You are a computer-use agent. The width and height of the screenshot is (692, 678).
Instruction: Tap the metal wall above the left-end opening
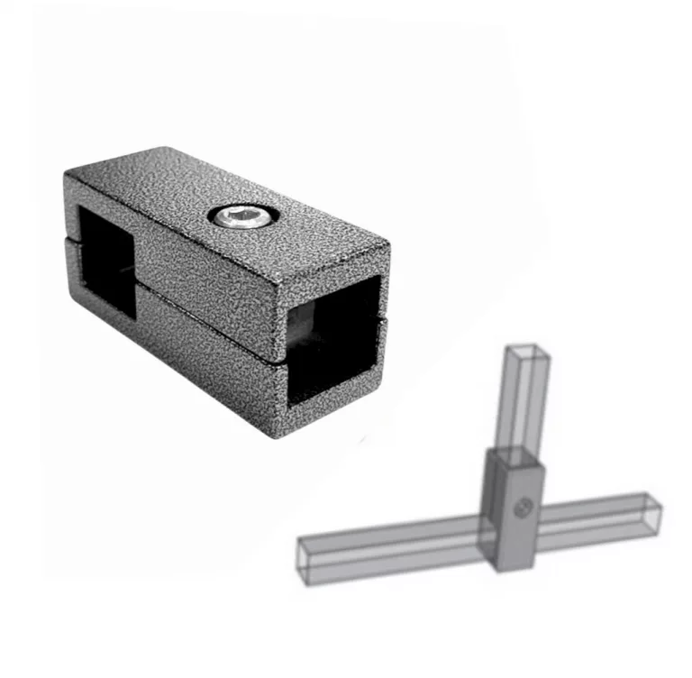pyautogui.click(x=101, y=193)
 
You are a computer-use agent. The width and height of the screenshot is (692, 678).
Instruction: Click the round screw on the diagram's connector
pyautogui.click(x=521, y=510)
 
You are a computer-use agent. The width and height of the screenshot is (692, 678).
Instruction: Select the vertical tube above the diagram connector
pyautogui.click(x=524, y=401)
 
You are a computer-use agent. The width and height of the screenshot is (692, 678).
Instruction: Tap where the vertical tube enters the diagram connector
pyautogui.click(x=515, y=452)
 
